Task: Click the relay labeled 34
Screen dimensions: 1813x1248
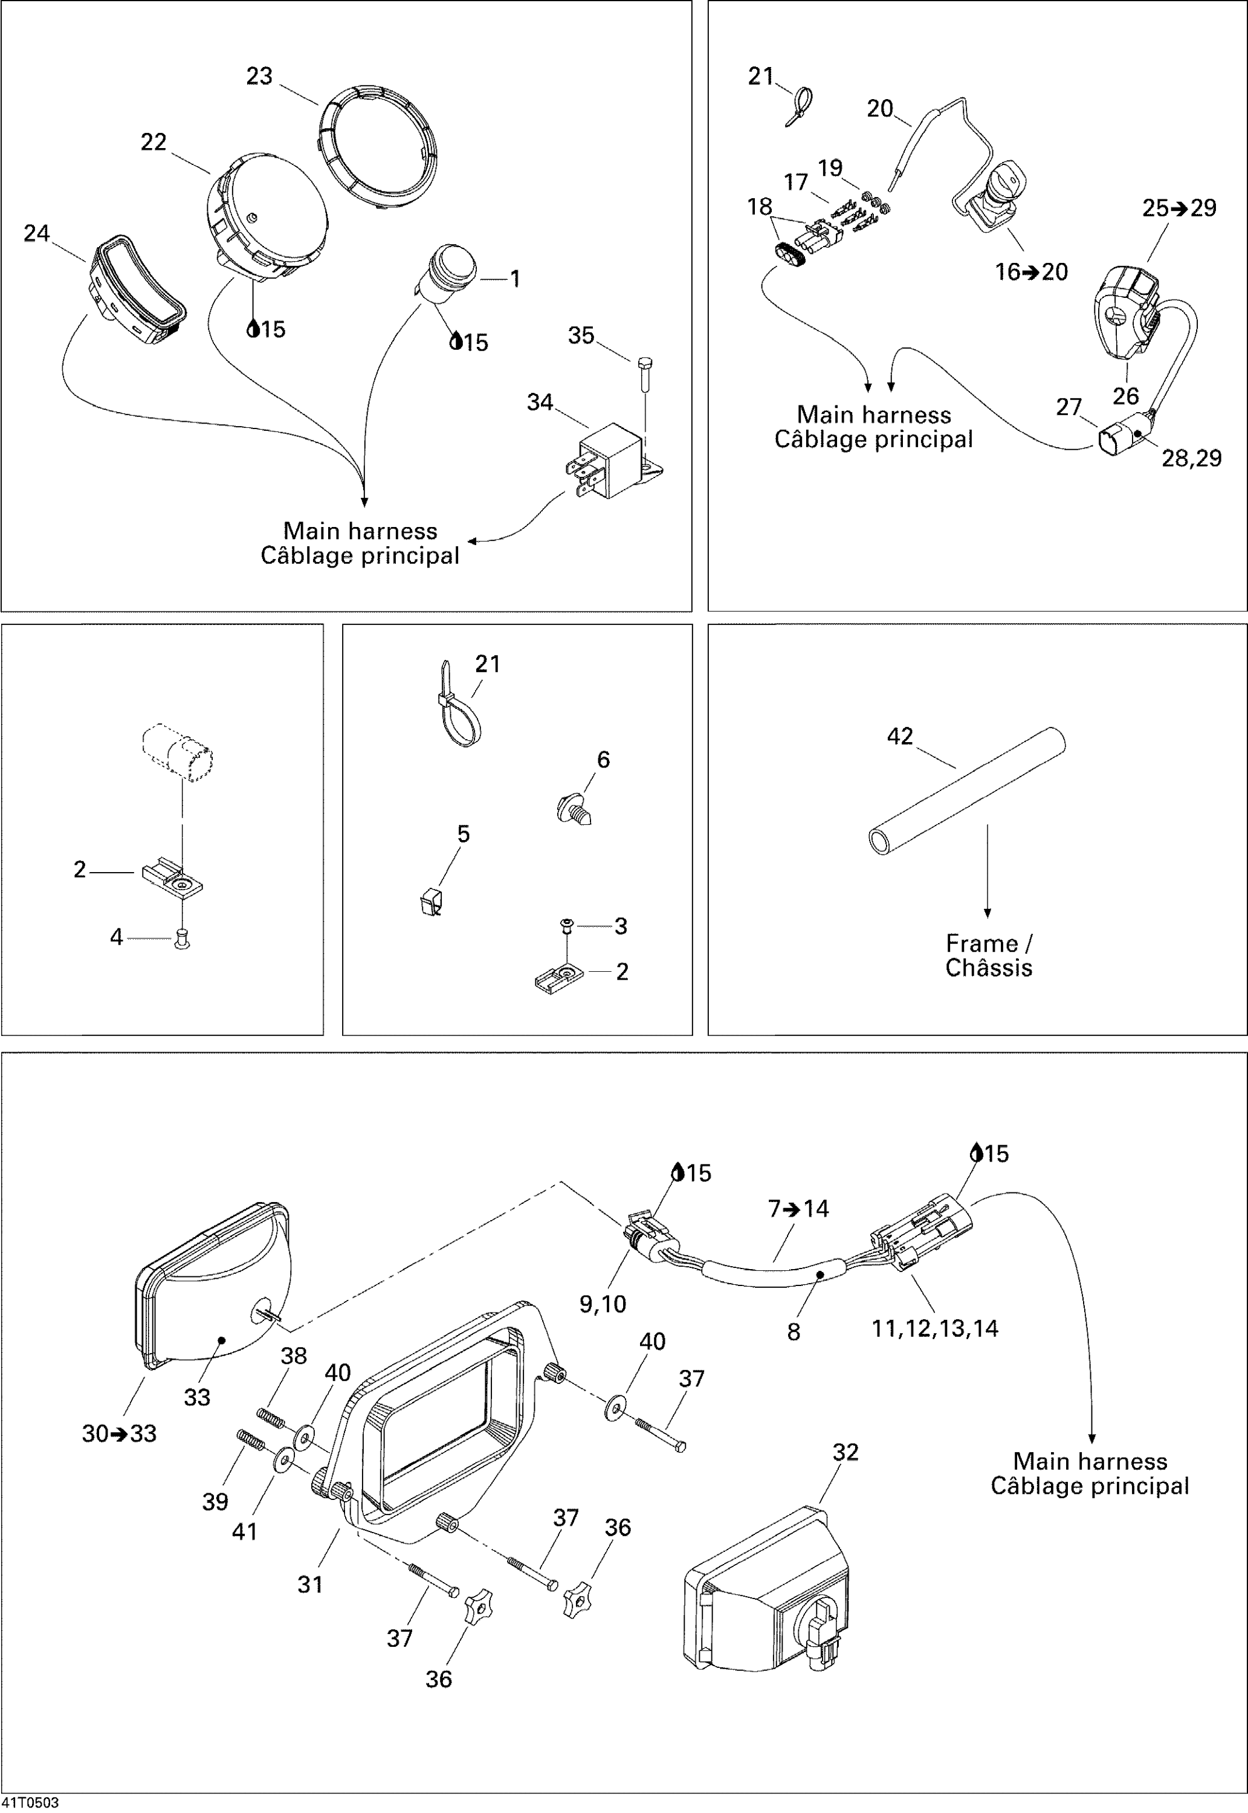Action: (x=614, y=461)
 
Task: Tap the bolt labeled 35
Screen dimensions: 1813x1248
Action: (x=644, y=376)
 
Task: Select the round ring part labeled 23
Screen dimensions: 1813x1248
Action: (x=378, y=148)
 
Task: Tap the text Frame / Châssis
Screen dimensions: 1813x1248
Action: (x=988, y=955)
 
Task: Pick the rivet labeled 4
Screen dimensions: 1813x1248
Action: (x=182, y=937)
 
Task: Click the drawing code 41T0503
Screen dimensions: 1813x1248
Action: (x=30, y=1803)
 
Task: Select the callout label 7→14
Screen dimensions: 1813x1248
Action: (x=798, y=1209)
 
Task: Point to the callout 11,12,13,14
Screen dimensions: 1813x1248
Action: (x=934, y=1328)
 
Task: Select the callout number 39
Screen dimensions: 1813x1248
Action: (x=215, y=1501)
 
